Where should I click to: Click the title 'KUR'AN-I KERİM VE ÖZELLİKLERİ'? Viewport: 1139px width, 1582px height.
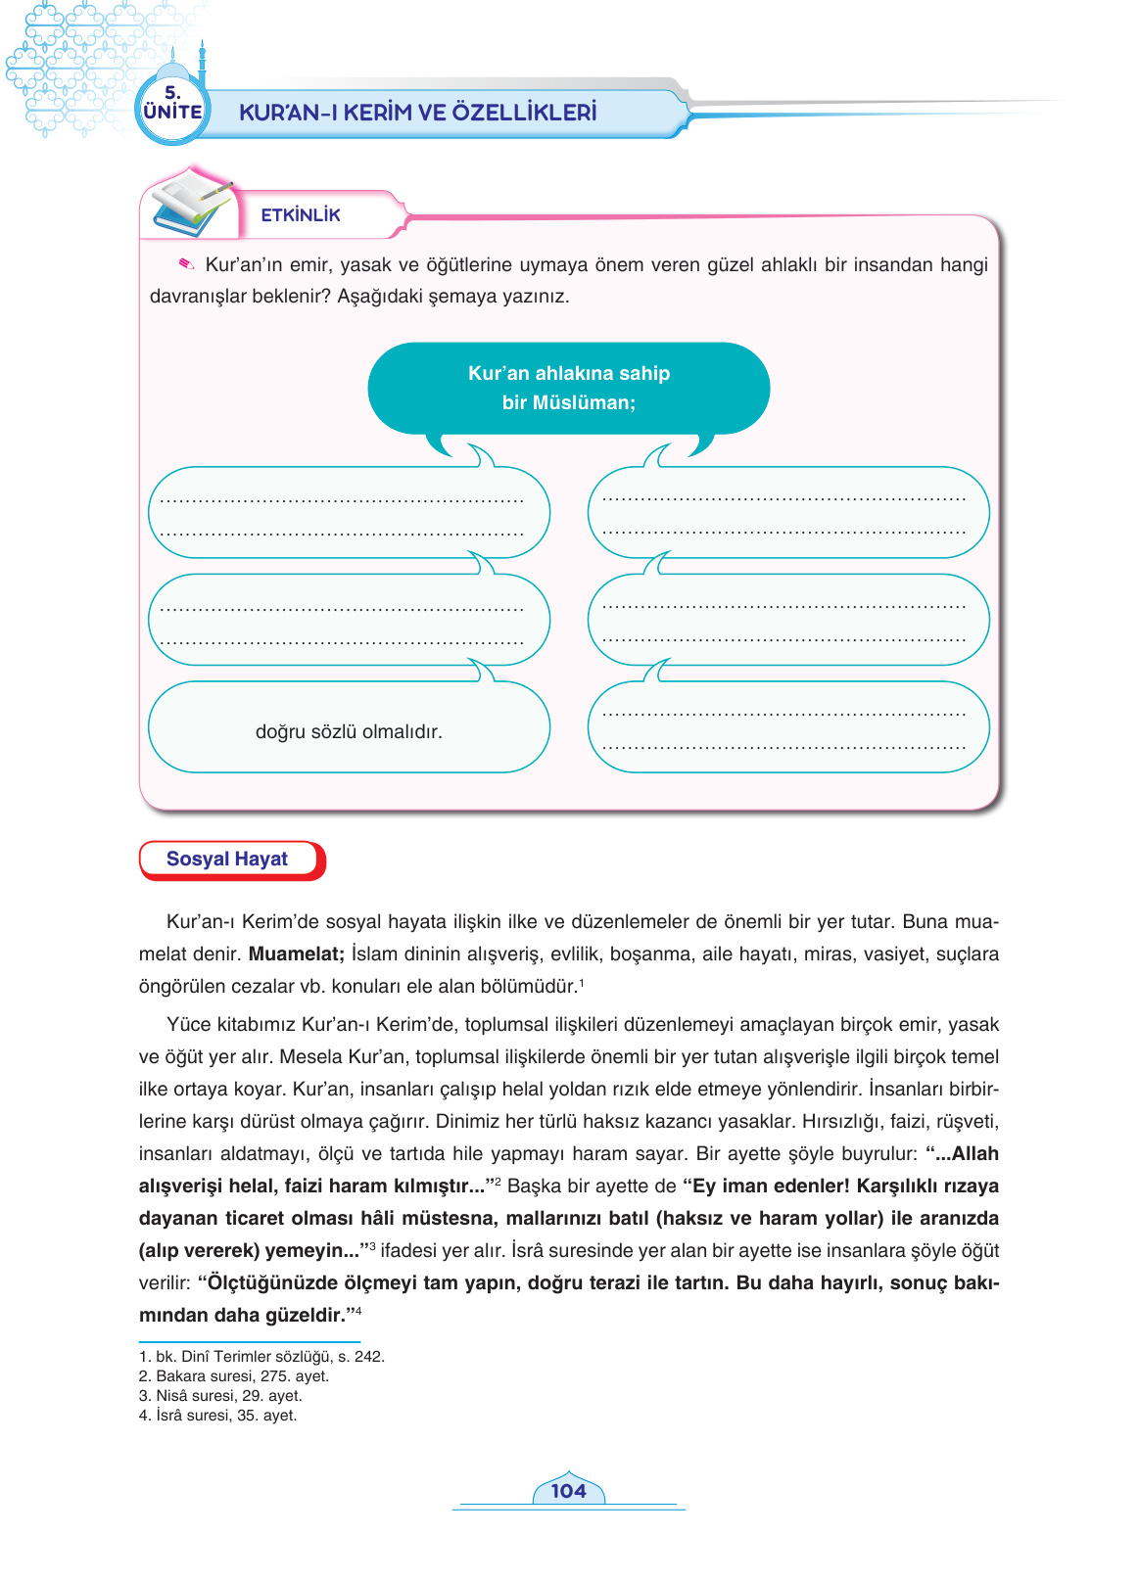418,113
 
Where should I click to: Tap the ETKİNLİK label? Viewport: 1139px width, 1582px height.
301,215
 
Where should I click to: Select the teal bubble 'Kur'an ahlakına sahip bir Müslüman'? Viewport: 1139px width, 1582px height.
568,388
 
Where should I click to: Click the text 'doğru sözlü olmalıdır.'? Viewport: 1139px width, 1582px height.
349,731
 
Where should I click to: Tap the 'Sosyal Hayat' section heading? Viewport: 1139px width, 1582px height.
227,859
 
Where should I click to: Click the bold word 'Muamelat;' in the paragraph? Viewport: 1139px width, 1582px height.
296,954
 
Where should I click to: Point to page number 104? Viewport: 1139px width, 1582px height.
568,1491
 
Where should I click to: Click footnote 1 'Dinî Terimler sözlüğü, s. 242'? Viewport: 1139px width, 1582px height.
262,1357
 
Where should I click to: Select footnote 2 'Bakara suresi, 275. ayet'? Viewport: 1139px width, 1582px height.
235,1376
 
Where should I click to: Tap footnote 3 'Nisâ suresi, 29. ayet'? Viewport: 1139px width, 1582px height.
221,1396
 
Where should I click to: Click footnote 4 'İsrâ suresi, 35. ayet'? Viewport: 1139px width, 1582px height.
218,1416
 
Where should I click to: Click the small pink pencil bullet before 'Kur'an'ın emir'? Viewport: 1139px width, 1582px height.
186,264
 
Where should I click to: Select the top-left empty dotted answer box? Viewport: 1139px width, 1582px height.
349,513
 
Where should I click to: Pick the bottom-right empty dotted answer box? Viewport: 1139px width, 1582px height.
788,727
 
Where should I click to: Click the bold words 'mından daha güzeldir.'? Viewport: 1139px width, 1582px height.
243,1316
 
